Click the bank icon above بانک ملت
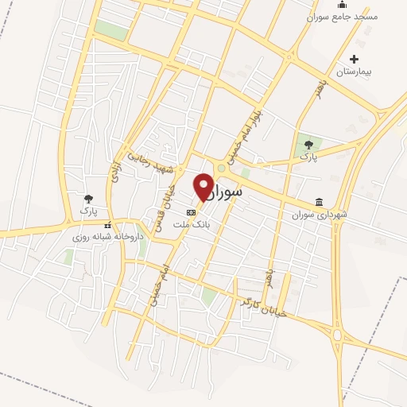click(191, 213)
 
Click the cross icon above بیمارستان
click(354, 59)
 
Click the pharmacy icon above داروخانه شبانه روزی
click(108, 225)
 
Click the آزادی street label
click(116, 167)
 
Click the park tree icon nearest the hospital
click(308, 145)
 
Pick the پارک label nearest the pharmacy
click(87, 211)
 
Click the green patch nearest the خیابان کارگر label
click(209, 297)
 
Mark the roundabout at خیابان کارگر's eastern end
click(338, 335)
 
